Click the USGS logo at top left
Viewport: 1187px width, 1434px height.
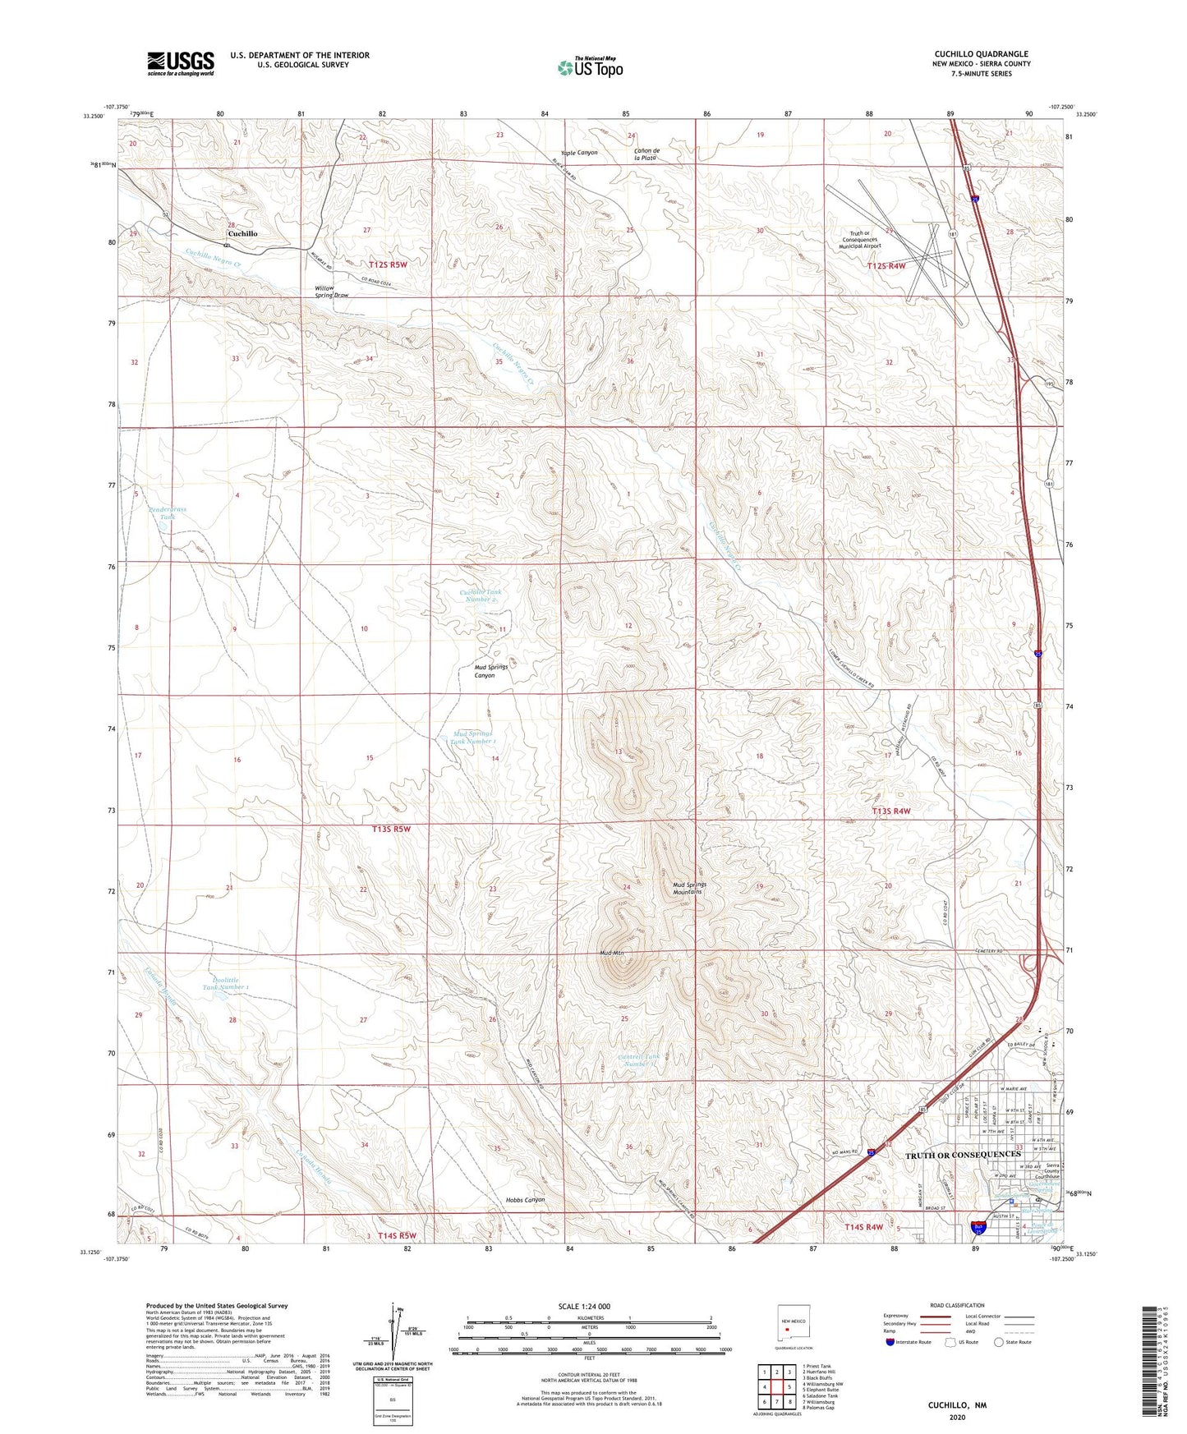point(181,63)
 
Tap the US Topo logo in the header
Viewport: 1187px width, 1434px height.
point(590,67)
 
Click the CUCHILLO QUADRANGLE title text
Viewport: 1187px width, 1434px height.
point(981,54)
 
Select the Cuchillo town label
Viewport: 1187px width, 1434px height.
point(242,234)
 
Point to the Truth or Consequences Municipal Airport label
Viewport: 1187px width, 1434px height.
point(860,239)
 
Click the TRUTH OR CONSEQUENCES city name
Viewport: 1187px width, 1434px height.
point(963,1155)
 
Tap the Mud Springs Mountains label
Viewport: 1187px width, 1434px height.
point(689,888)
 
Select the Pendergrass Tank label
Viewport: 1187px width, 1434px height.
point(168,513)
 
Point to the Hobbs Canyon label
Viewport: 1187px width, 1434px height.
point(526,1200)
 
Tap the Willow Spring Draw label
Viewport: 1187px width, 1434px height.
point(332,292)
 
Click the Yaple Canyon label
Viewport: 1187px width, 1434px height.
point(579,153)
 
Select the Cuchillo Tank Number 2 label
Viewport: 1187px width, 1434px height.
point(480,595)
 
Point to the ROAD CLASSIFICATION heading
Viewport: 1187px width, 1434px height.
point(957,1305)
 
